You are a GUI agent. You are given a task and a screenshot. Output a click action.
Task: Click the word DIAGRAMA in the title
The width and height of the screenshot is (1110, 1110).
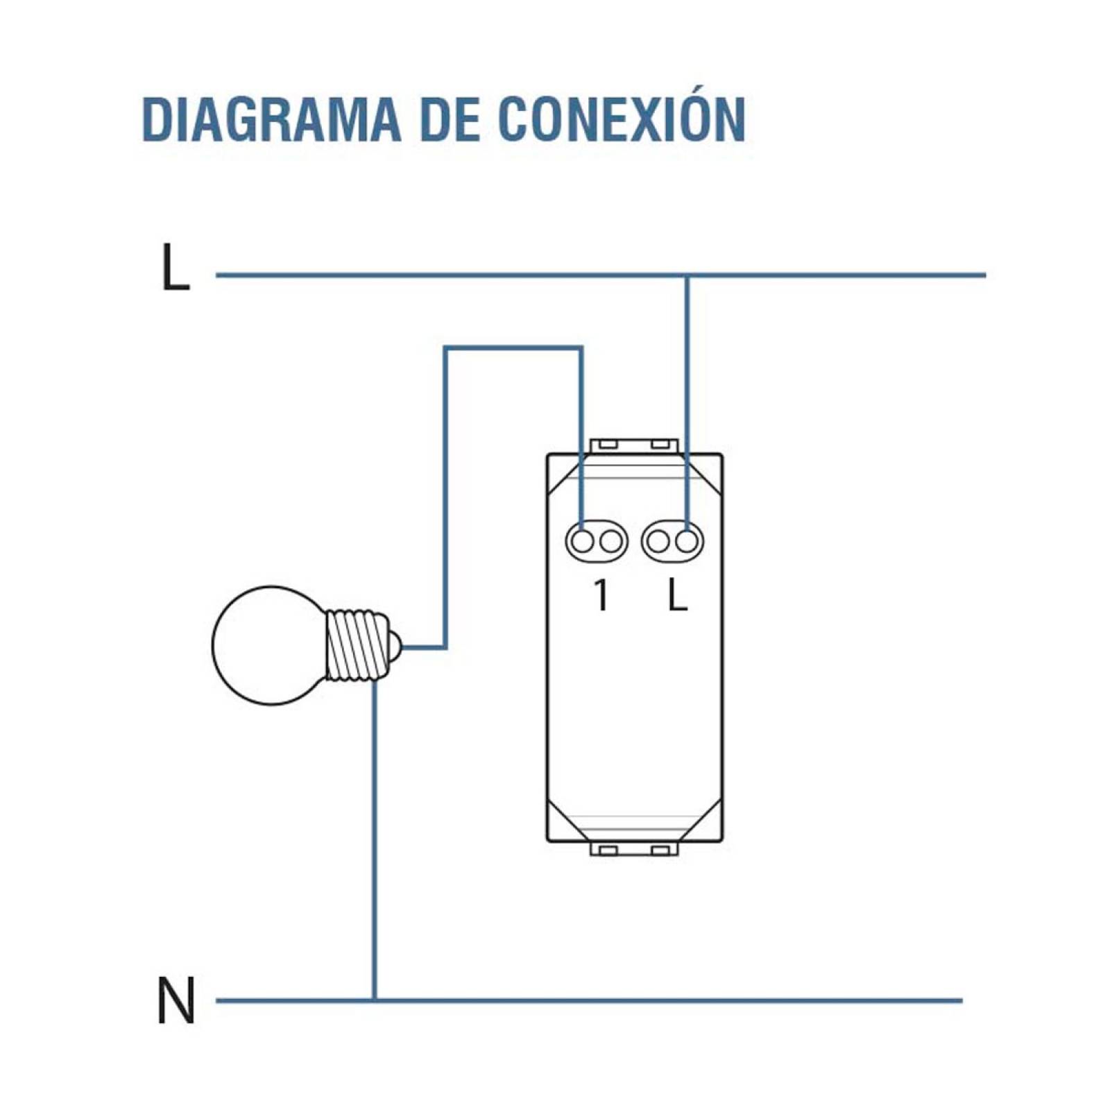pos(271,120)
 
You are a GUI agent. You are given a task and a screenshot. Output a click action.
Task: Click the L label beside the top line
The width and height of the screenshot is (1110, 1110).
pos(175,267)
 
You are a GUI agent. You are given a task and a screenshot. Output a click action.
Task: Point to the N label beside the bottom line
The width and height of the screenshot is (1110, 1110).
pos(176,1000)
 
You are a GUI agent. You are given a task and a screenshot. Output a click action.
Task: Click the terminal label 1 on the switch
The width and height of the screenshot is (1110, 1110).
pos(601,595)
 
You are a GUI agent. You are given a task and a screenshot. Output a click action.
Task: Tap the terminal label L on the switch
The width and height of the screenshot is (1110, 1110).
pos(677,595)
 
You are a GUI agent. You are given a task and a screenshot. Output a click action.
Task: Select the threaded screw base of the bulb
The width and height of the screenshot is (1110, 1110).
pos(355,645)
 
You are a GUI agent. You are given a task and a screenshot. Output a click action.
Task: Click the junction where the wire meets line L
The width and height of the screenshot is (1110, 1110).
pos(687,275)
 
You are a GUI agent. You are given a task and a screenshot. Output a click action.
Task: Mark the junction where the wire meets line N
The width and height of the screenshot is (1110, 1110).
pos(375,1000)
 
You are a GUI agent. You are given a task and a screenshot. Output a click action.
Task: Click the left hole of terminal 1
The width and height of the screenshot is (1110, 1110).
pos(582,541)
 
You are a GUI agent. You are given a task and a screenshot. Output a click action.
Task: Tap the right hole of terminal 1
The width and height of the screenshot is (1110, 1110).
pos(610,541)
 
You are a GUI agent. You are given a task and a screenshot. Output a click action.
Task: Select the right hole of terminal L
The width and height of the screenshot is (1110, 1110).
pos(686,541)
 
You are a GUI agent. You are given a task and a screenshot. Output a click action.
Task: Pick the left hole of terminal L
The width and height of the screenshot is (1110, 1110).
pos(658,541)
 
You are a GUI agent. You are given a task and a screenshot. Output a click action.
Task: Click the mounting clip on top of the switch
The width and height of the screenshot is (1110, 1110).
pos(633,445)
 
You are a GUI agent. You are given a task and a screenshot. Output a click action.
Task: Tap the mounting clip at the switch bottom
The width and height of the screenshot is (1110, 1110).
pos(633,849)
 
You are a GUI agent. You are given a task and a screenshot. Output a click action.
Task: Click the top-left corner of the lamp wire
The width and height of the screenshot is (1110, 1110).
pos(446,348)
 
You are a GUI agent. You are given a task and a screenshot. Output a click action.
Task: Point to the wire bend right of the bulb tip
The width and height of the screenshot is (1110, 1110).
pos(445,647)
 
